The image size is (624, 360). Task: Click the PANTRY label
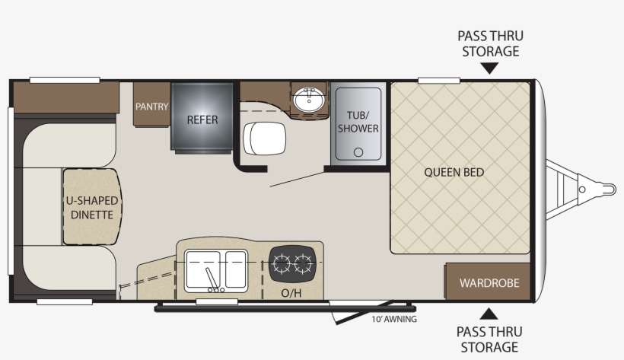click(x=152, y=107)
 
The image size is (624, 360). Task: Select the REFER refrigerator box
click(x=202, y=119)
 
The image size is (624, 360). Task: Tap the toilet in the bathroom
click(x=263, y=140)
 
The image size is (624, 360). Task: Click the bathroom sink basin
click(x=309, y=100)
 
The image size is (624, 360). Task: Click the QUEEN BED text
click(x=454, y=172)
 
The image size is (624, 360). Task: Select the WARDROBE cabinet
click(x=489, y=282)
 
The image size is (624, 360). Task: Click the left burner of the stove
click(x=282, y=264)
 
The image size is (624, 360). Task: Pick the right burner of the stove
click(x=303, y=264)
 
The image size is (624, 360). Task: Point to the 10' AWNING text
click(x=394, y=319)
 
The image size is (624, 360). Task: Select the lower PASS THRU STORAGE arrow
click(x=489, y=312)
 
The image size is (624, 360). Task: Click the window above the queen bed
click(x=438, y=80)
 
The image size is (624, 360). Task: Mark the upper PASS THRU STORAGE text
click(x=489, y=43)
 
